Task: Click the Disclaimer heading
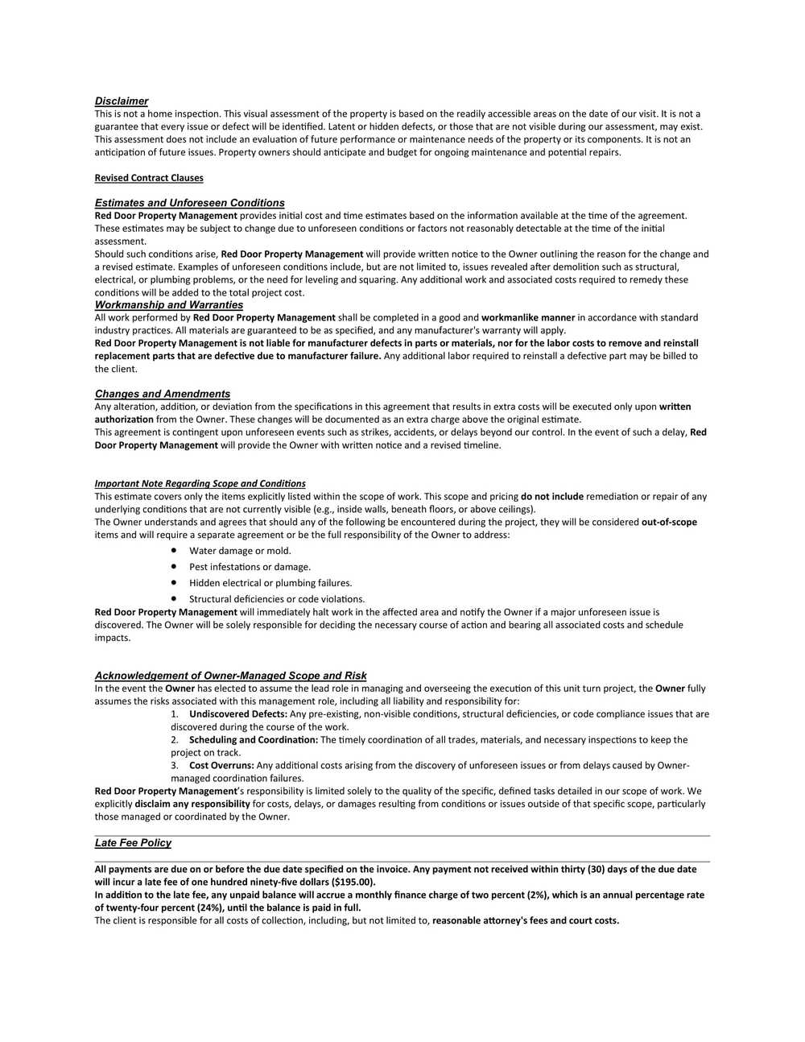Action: point(122,101)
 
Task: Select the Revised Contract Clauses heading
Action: point(149,178)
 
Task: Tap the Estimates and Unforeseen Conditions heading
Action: point(189,203)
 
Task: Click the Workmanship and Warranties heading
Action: point(168,305)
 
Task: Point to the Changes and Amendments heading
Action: point(162,394)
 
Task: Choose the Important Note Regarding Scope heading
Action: point(200,484)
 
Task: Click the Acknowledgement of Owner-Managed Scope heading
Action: point(230,676)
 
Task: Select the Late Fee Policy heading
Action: point(133,843)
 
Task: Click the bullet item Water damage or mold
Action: point(240,551)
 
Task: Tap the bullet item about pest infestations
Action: point(250,567)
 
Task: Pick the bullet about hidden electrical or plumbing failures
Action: point(270,583)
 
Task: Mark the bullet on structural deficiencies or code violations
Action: point(277,599)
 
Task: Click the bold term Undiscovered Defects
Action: point(238,714)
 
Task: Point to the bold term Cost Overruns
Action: point(221,766)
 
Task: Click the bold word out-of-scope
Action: point(669,523)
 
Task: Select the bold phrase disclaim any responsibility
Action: point(192,804)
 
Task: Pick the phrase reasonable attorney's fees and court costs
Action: point(526,921)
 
